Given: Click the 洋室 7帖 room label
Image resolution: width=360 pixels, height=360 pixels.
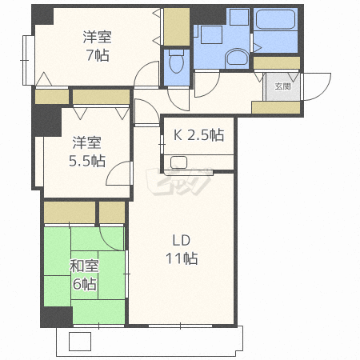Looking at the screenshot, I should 97,46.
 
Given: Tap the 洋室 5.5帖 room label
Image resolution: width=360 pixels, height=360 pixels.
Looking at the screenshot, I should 87,151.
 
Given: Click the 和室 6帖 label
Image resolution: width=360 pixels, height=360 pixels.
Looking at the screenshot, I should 83,275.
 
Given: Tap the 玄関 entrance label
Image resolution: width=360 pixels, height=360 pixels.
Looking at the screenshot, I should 282,86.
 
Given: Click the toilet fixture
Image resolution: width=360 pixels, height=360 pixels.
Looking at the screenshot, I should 176,60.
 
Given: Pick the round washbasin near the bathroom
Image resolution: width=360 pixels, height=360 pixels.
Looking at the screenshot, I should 236,56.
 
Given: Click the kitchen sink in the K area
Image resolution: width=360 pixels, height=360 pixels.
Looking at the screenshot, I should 179,163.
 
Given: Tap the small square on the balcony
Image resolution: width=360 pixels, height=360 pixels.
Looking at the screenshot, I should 80,342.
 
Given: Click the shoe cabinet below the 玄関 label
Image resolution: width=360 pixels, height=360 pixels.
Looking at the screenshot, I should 275,107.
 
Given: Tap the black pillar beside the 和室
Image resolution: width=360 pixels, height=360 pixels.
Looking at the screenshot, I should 56,317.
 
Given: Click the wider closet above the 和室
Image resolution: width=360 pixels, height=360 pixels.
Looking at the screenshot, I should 70,212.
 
